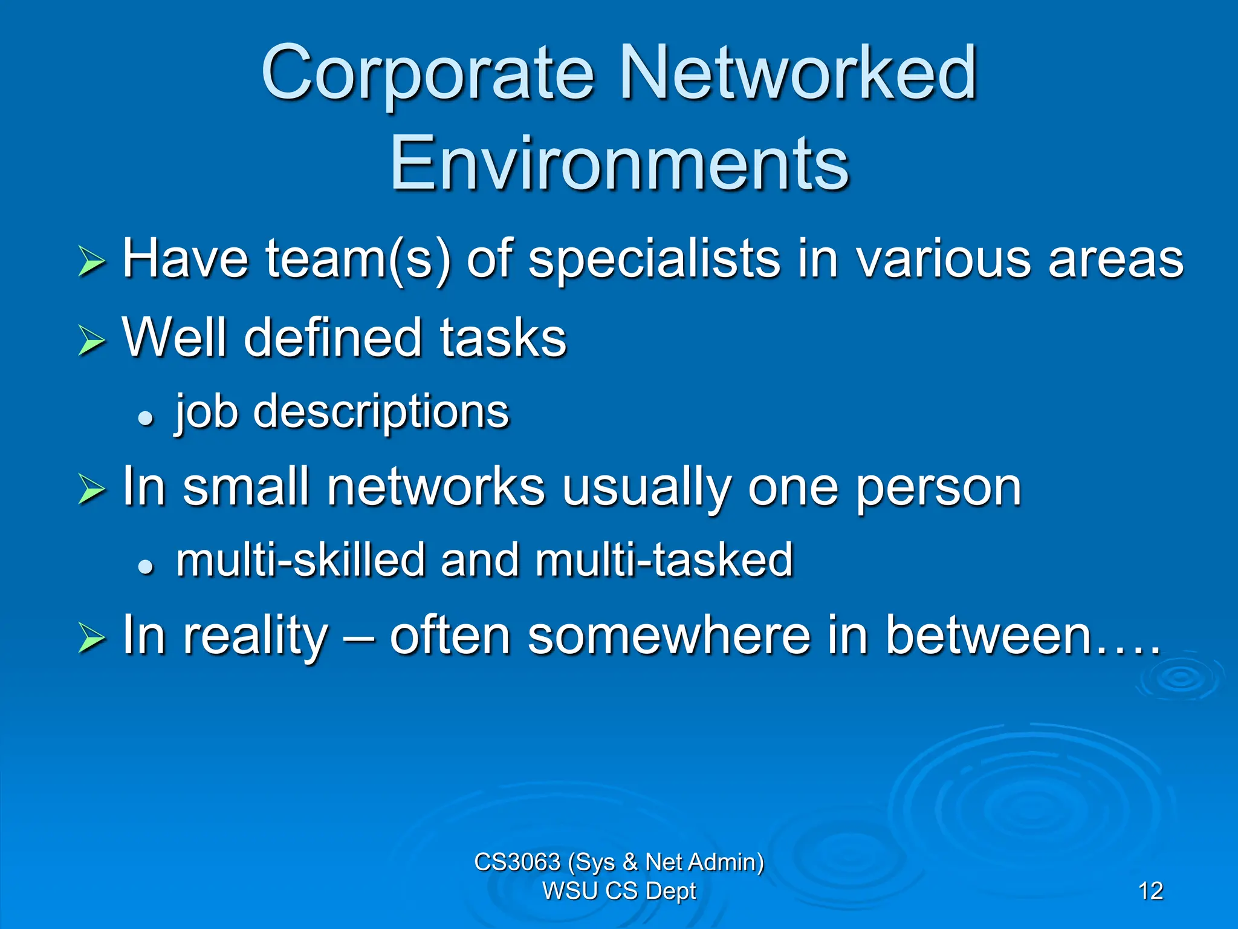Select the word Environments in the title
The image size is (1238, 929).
619,163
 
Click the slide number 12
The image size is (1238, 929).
1150,891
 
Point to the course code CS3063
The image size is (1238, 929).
517,862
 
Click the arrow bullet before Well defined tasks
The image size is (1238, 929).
92,340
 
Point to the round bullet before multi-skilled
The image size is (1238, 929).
146,567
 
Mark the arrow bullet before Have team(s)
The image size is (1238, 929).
92,262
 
